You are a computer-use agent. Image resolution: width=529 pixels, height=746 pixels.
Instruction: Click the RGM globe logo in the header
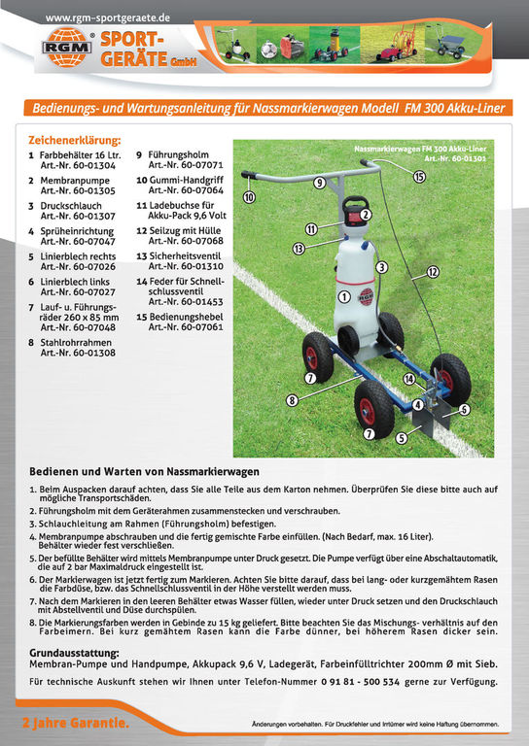(x=67, y=47)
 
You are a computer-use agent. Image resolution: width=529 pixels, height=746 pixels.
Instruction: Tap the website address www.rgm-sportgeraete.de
(x=108, y=18)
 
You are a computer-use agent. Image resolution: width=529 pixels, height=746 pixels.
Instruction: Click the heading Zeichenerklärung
(x=75, y=140)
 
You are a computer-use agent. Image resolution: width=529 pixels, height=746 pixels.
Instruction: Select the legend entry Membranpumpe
(x=75, y=181)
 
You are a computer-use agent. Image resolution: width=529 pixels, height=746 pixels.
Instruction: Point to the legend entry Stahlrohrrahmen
(x=76, y=343)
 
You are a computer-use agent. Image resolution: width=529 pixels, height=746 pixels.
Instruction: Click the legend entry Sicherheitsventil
(x=185, y=256)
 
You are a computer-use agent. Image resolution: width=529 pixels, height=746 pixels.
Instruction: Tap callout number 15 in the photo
(x=419, y=177)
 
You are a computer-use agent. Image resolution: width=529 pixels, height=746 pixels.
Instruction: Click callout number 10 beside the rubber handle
(x=249, y=197)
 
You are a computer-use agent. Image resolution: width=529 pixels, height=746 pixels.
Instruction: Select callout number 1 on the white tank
(x=344, y=297)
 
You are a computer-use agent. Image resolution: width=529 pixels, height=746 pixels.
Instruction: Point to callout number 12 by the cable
(x=433, y=272)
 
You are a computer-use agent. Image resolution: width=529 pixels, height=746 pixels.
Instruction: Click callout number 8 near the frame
(x=292, y=400)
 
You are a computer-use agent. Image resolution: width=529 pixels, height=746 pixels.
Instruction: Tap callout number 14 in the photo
(x=409, y=379)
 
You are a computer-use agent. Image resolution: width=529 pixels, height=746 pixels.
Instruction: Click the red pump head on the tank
(x=357, y=211)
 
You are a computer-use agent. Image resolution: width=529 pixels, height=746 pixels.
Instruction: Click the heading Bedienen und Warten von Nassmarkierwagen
(x=144, y=471)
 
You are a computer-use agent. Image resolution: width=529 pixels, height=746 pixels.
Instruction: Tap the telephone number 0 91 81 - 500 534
(x=361, y=682)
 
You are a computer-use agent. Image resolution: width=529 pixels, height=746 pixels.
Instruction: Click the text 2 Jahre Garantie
(x=76, y=723)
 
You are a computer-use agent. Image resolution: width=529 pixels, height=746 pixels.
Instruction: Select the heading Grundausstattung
(x=74, y=653)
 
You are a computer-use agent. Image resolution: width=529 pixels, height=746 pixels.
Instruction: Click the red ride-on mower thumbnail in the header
(x=392, y=45)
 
